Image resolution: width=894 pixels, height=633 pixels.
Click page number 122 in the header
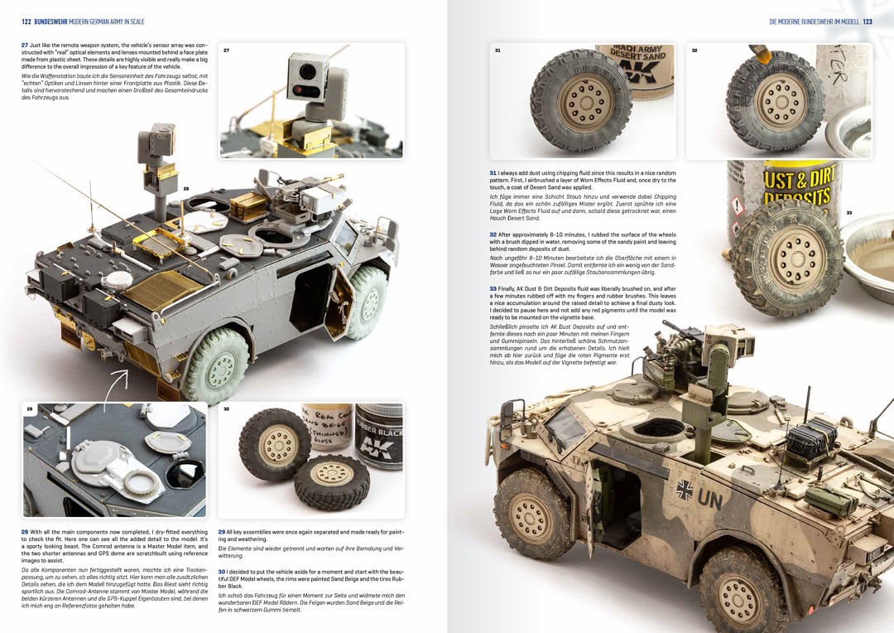[26, 22]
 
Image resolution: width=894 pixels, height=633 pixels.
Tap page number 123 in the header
[868, 22]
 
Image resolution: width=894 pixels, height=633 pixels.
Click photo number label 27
[226, 51]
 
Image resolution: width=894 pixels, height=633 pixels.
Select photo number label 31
[497, 51]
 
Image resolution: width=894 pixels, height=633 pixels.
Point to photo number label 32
[695, 51]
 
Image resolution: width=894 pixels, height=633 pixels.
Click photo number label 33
[848, 213]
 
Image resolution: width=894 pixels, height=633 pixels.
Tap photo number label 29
[29, 409]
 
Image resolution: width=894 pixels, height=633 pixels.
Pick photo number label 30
[226, 409]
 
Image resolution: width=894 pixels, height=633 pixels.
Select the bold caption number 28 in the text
[25, 532]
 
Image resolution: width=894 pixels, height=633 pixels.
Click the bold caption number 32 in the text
[493, 234]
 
